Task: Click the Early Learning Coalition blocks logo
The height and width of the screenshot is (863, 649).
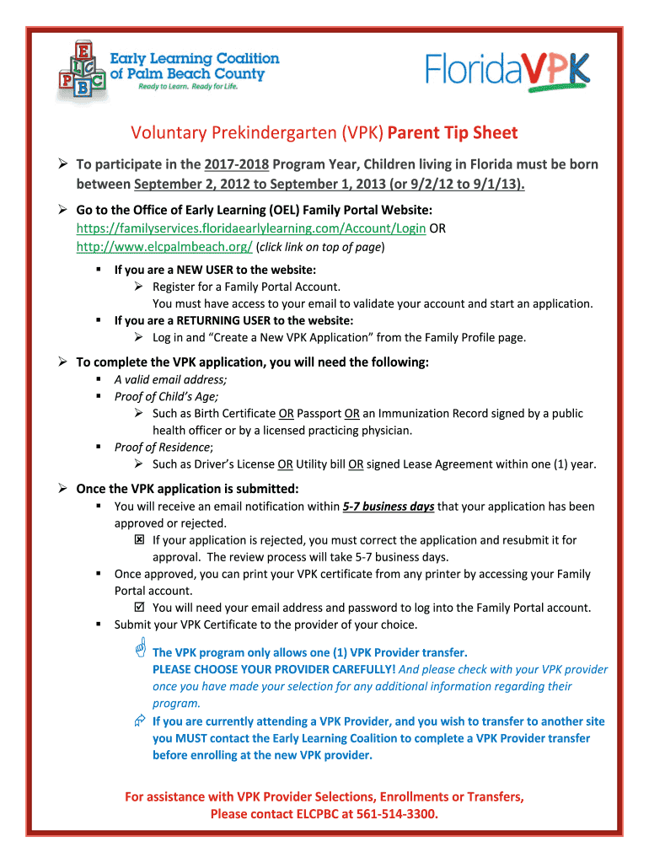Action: [82, 72]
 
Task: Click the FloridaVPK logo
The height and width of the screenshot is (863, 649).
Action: [507, 69]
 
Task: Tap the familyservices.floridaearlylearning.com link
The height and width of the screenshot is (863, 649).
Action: [251, 228]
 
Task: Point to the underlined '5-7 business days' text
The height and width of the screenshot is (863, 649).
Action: [389, 507]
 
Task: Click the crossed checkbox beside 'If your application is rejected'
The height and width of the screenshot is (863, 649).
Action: [140, 539]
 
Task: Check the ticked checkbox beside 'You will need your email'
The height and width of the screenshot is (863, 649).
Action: [140, 607]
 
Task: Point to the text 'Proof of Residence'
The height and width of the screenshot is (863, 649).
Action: [163, 447]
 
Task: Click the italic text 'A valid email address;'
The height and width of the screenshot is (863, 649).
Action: [170, 379]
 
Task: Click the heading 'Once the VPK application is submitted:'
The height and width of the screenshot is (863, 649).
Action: [188, 489]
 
